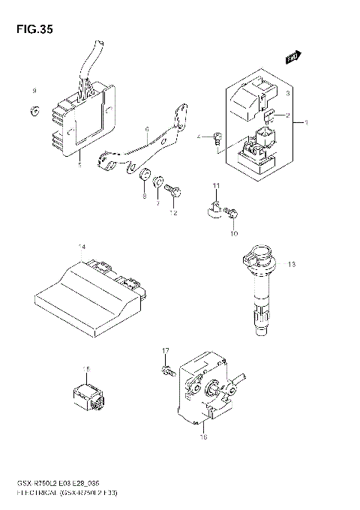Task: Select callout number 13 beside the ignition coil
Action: (292, 264)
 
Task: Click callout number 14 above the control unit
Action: (82, 247)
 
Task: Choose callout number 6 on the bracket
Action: (147, 129)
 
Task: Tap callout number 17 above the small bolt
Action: (166, 350)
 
